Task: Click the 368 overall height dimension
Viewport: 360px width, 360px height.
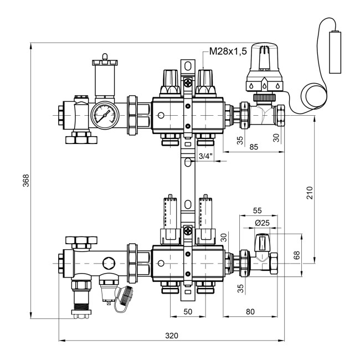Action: point(25,181)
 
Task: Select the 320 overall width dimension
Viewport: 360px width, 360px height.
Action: point(172,336)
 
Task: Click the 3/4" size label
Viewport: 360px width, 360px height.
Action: point(204,156)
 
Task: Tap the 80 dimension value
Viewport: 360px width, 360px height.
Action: point(250,312)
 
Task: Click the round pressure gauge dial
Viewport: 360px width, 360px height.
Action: point(104,115)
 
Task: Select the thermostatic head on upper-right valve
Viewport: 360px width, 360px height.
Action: point(264,69)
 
